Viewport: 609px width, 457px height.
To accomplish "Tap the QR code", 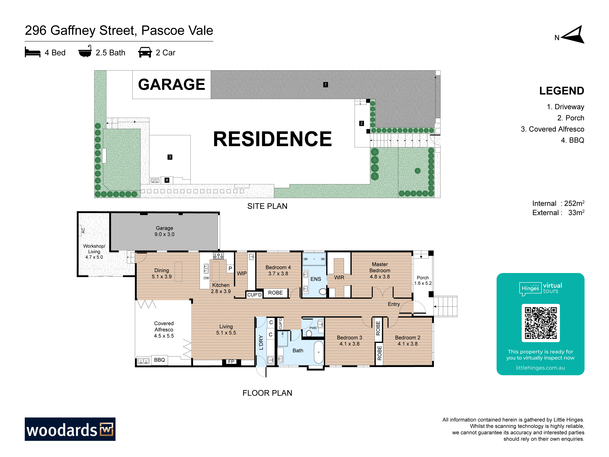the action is pyautogui.click(x=540, y=323).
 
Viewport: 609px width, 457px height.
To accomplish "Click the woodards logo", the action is pyautogui.click(x=70, y=429).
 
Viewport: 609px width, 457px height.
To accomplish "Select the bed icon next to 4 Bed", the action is pyautogui.click(x=32, y=52).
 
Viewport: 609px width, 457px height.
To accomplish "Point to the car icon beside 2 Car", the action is pyautogui.click(x=145, y=52).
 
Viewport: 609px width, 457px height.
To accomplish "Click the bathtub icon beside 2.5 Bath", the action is pyautogui.click(x=85, y=51).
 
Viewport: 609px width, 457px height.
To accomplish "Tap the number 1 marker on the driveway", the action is pyautogui.click(x=325, y=84).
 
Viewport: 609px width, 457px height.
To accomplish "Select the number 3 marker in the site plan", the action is pyautogui.click(x=170, y=157).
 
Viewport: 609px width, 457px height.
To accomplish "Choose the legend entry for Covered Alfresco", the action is pyautogui.click(x=552, y=129).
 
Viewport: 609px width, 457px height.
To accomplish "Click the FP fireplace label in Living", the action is pyautogui.click(x=231, y=361).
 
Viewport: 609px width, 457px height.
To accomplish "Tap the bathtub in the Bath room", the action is pyautogui.click(x=319, y=352).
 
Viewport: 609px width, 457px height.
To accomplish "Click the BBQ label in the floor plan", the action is pyautogui.click(x=159, y=360).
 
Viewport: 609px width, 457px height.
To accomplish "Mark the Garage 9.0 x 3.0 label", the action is pyautogui.click(x=164, y=231).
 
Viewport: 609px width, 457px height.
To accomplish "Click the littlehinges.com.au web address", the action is pyautogui.click(x=540, y=368).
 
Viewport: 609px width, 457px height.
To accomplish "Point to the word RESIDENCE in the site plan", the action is pyautogui.click(x=273, y=139).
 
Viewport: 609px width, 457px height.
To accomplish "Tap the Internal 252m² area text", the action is pyautogui.click(x=558, y=203).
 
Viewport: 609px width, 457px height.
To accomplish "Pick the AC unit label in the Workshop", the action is pyautogui.click(x=83, y=231).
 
